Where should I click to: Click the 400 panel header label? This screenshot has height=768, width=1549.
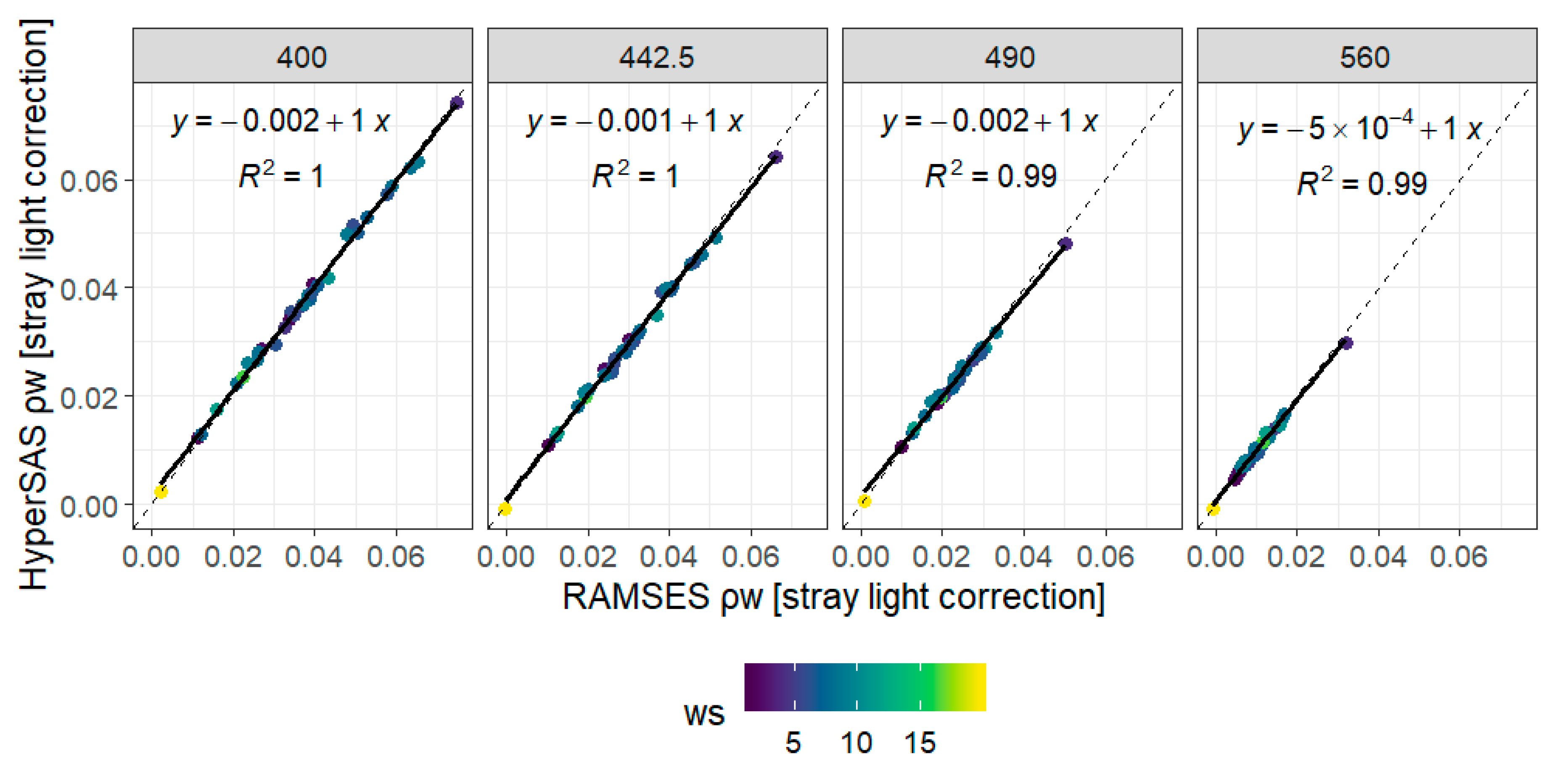[302, 57]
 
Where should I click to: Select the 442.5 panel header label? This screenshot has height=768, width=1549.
[657, 57]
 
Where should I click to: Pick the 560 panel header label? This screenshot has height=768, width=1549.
[1364, 57]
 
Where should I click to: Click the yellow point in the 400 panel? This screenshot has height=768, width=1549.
[161, 492]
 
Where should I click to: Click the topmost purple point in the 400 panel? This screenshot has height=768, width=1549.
[457, 103]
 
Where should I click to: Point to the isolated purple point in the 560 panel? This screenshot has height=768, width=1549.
[1346, 343]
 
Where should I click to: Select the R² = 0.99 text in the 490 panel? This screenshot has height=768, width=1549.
[990, 176]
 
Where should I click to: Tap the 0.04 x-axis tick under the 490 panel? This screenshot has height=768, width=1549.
[1023, 557]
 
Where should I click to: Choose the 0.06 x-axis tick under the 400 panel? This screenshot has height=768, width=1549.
[396, 557]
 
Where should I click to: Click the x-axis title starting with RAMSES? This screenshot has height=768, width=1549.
[833, 597]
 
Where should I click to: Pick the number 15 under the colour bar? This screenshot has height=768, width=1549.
[920, 743]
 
